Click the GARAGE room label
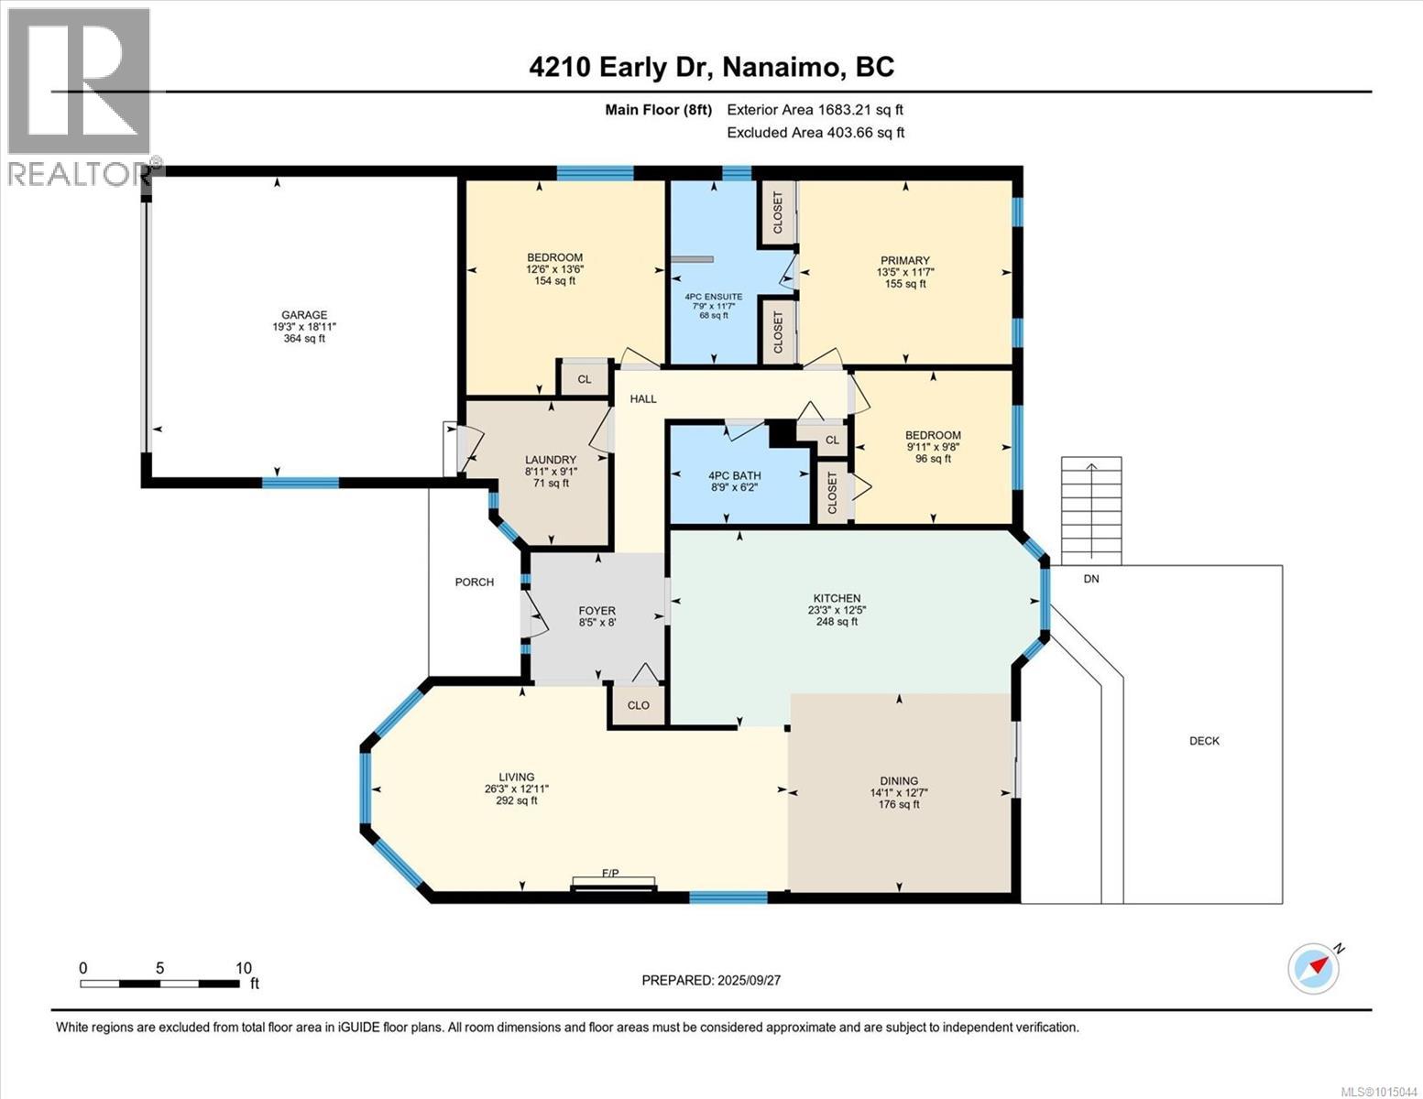pyautogui.click(x=304, y=315)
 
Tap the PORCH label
pyautogui.click(x=474, y=582)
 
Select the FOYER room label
pyautogui.click(x=597, y=612)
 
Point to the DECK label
pyautogui.click(x=1204, y=741)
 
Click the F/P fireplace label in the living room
pyautogui.click(x=610, y=873)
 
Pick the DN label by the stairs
pyautogui.click(x=1091, y=579)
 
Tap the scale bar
pyautogui.click(x=159, y=984)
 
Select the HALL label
pyautogui.click(x=643, y=398)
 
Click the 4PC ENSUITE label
pyautogui.click(x=714, y=297)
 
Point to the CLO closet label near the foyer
pyautogui.click(x=639, y=705)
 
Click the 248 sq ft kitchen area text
pyautogui.click(x=837, y=621)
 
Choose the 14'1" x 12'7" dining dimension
pyautogui.click(x=899, y=792)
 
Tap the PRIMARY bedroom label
pyautogui.click(x=905, y=260)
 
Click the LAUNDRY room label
pyautogui.click(x=551, y=460)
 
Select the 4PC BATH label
pyautogui.click(x=735, y=476)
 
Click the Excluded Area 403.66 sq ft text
pyautogui.click(x=815, y=132)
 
